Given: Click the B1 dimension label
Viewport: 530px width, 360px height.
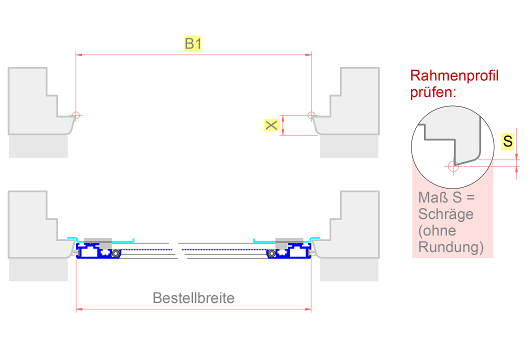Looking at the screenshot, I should tap(193, 44).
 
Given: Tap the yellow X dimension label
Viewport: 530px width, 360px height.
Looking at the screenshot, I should tap(271, 125).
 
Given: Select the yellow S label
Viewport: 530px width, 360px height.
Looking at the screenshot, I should tap(508, 141).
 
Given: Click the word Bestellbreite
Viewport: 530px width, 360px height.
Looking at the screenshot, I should tap(193, 298).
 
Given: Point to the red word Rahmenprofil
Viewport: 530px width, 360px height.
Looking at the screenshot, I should tap(454, 76).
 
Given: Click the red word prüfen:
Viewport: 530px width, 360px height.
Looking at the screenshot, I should tap(433, 92).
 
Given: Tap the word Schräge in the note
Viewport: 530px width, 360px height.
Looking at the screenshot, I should tap(446, 214).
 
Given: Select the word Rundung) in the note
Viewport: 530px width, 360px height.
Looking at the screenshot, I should tap(451, 247).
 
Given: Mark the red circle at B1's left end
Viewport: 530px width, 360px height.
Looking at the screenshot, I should tap(75, 115).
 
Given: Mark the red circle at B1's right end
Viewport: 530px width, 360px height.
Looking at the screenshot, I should tap(311, 115).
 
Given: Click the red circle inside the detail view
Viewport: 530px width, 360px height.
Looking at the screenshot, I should tap(453, 166).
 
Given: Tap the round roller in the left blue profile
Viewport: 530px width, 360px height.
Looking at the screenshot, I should tap(116, 253).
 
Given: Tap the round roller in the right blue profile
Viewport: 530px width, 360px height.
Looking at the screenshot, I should tap(271, 253).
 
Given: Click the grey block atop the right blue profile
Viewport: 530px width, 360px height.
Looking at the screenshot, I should tap(289, 240).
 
